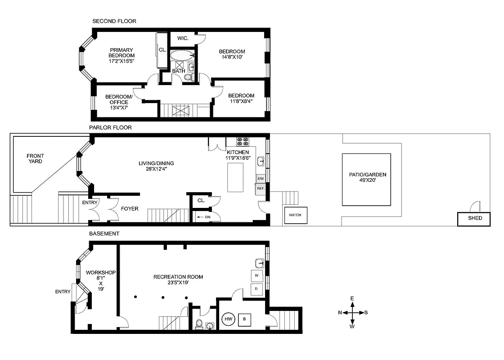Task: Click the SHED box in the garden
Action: (x=474, y=219)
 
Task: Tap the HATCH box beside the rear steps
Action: (x=295, y=216)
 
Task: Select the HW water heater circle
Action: (x=228, y=319)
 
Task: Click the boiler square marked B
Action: (x=245, y=319)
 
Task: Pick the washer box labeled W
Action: (x=256, y=275)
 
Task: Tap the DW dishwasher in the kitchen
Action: (x=261, y=179)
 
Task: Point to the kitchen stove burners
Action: (x=243, y=141)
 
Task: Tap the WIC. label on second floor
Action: (x=182, y=39)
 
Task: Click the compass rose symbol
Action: (x=353, y=312)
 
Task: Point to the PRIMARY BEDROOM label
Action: (x=121, y=55)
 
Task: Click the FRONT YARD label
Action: (x=35, y=158)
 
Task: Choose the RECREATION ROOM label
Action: (x=178, y=277)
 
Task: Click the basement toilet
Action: (x=199, y=324)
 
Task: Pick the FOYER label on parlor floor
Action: (x=130, y=209)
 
